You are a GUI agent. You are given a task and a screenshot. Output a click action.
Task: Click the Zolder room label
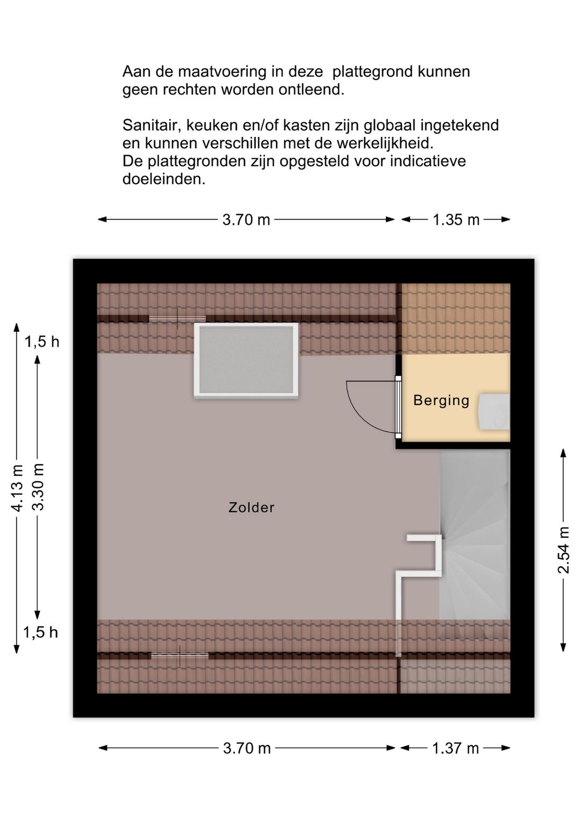(x=251, y=507)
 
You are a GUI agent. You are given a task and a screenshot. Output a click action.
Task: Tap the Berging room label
(x=441, y=400)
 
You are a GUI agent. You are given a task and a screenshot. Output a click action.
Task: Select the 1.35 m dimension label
(x=456, y=220)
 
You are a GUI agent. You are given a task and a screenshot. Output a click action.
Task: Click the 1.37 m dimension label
(x=455, y=748)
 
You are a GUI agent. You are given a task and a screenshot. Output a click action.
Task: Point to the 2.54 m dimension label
(x=563, y=550)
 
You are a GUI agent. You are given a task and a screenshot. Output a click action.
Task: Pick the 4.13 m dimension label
(x=17, y=488)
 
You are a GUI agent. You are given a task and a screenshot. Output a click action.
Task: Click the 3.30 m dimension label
(x=37, y=488)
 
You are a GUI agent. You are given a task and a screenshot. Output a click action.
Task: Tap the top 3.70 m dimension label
(x=246, y=220)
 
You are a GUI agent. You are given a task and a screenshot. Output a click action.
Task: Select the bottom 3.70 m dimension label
(x=247, y=748)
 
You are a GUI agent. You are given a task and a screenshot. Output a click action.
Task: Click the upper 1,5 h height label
(x=42, y=341)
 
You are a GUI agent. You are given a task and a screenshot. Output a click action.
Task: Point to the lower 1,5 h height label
(x=40, y=632)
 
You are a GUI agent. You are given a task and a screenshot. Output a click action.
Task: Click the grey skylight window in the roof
(x=247, y=361)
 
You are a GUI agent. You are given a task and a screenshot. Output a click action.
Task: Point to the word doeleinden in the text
(x=164, y=179)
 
